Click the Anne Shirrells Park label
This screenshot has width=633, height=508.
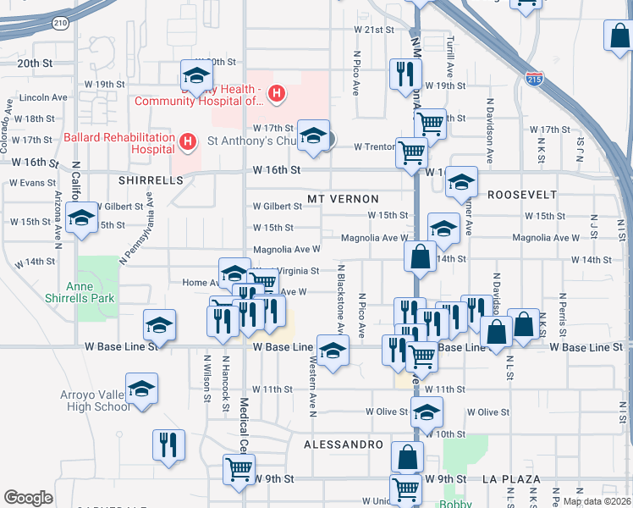point(90,293)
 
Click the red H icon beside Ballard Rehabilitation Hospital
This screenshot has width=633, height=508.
point(189,140)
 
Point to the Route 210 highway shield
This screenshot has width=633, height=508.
point(58,23)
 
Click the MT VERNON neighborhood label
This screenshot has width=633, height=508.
point(343,199)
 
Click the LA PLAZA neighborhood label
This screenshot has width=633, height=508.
point(511,478)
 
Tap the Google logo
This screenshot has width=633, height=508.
point(28,498)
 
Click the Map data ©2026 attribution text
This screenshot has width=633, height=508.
point(597,501)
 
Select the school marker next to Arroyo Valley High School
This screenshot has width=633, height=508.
point(142,389)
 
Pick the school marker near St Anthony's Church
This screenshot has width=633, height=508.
point(313,137)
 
